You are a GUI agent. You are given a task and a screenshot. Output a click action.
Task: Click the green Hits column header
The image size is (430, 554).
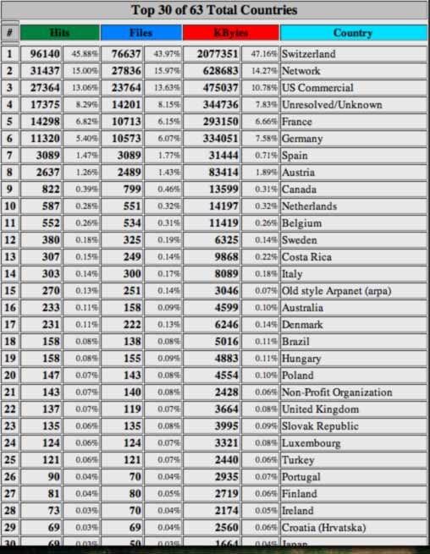click(59, 33)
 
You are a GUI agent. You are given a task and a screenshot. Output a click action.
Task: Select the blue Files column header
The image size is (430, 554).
click(141, 33)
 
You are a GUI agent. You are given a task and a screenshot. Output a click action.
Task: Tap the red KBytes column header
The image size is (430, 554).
click(231, 33)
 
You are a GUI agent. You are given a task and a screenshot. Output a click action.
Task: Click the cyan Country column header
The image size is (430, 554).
click(353, 33)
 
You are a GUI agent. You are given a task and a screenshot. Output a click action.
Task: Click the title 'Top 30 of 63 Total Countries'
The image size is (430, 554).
click(214, 10)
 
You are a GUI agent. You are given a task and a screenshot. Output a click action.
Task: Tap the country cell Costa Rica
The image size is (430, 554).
click(306, 257)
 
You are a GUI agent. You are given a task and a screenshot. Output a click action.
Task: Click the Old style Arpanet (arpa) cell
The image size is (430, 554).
click(336, 291)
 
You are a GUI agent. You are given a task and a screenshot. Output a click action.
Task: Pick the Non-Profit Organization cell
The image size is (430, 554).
click(336, 392)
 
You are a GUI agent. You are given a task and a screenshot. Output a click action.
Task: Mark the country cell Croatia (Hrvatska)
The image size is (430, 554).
click(323, 528)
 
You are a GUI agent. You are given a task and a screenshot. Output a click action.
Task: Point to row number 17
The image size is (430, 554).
click(10, 325)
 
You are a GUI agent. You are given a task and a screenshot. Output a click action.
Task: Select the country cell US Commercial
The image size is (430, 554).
click(317, 88)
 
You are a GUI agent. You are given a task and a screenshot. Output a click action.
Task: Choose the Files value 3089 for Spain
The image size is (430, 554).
click(127, 156)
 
